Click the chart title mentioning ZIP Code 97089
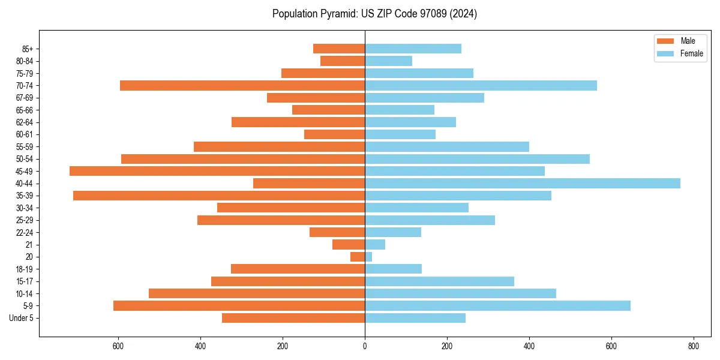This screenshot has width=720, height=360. pos(374,14)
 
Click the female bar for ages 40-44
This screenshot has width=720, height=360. pos(522,183)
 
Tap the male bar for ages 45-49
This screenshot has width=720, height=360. pos(217,171)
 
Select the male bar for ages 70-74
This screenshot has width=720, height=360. pos(242,85)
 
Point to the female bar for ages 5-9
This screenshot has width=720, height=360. pos(497,305)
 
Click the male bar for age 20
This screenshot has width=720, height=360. pos(358,257)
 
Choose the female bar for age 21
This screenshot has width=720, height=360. pos(375,244)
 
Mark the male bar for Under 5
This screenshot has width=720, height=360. pos(293,318)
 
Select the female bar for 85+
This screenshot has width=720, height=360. pos(413,49)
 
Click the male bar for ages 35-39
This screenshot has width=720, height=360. pos(219,196)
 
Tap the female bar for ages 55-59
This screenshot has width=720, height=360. pos(447,146)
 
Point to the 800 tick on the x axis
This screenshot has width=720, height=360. pos(693,346)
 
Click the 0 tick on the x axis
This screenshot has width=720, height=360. pos(365,346)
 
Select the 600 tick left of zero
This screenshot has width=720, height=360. pos(118,346)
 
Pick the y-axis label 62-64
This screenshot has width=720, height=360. pos(25,122)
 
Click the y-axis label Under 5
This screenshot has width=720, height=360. pos(21,318)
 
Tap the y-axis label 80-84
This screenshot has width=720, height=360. pos(25,61)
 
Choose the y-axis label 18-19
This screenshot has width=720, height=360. pos(25,269)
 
